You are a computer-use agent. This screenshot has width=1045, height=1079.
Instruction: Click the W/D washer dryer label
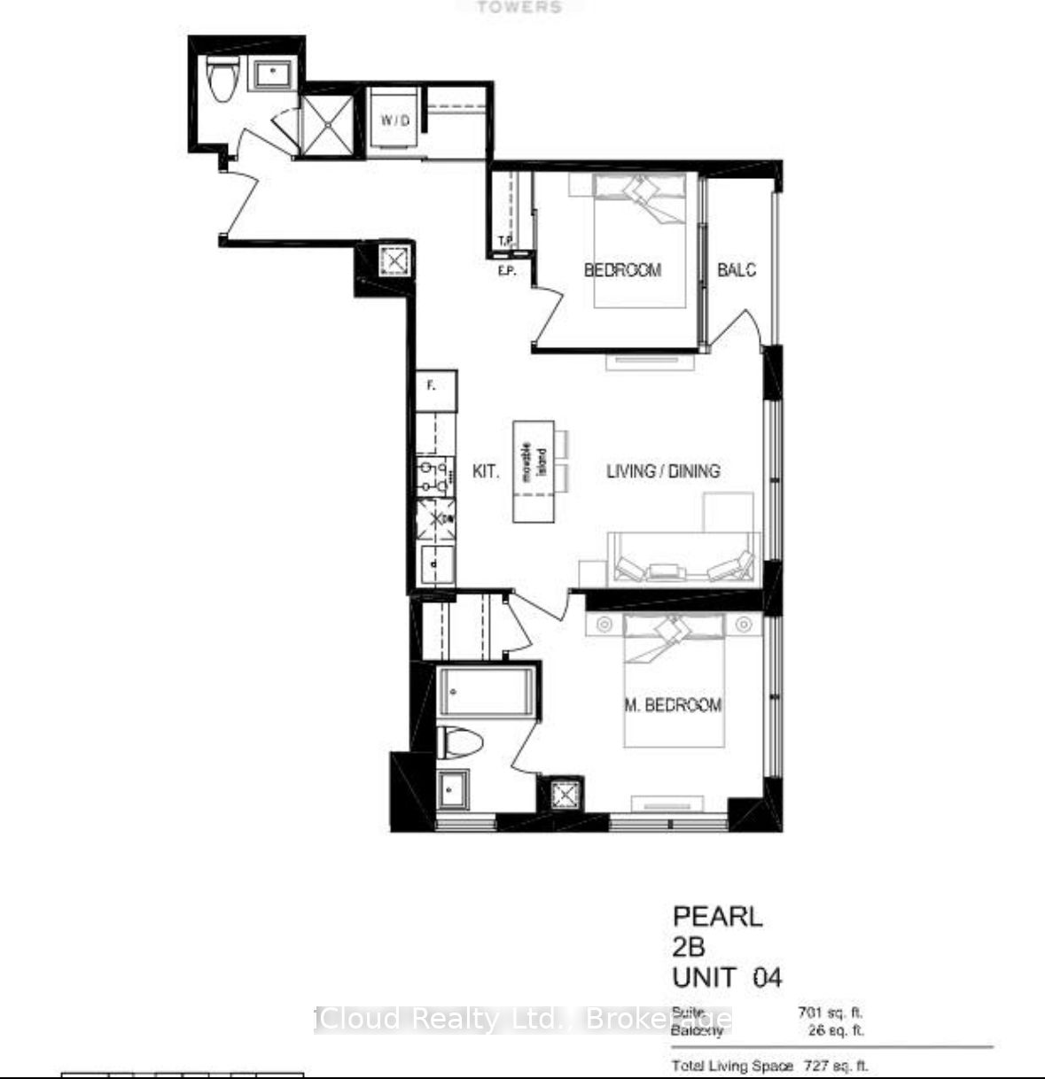395,120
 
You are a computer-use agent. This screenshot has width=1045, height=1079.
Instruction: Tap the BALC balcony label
737,269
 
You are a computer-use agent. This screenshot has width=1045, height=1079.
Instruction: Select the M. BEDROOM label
673,705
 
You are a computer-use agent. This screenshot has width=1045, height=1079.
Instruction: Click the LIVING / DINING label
663,470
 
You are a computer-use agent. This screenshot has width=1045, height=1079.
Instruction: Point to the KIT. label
485,471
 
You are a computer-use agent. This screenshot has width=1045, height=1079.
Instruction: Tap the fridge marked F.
437,389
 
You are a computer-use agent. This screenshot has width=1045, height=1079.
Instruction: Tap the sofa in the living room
682,560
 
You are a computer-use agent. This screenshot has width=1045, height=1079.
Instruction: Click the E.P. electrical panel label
506,271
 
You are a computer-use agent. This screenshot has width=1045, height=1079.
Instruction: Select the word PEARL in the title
717,916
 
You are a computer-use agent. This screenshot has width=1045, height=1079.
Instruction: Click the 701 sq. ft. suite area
831,1012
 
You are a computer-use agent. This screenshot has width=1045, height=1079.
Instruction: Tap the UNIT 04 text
727,977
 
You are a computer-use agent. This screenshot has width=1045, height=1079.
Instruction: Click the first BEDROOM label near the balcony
622,270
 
